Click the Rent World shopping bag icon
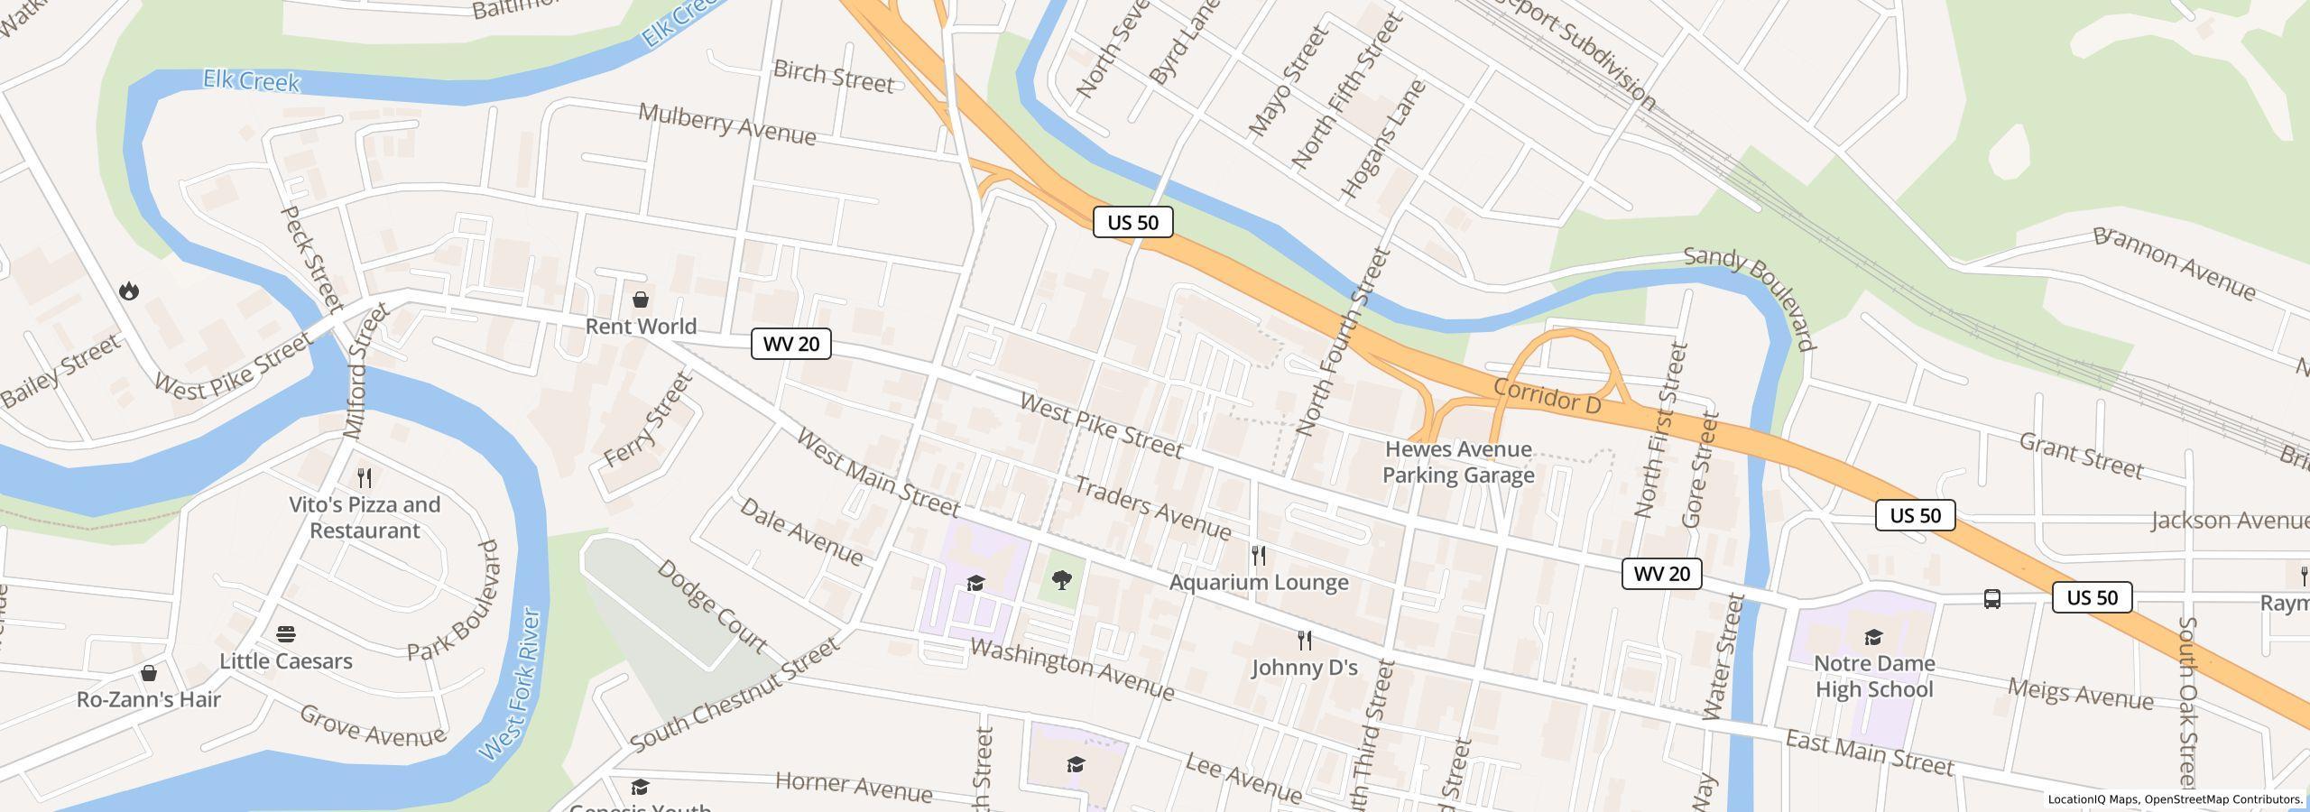coord(641,300)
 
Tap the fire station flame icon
coord(129,291)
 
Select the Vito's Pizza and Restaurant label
coord(365,518)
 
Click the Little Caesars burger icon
coord(286,634)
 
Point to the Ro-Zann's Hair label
coord(149,699)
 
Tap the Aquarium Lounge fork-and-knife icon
coord(1259,556)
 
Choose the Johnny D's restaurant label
coord(1304,668)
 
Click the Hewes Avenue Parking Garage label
coord(1458,462)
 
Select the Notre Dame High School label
coord(1874,676)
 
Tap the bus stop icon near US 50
coord(1991,598)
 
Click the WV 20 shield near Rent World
coord(791,344)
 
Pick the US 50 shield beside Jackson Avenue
coord(1915,515)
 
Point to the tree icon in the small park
coord(1062,579)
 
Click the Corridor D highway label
coord(1547,397)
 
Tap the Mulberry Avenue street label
coord(727,125)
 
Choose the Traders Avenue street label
coord(1152,507)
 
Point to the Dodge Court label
coord(711,606)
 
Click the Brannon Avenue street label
coord(2175,263)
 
